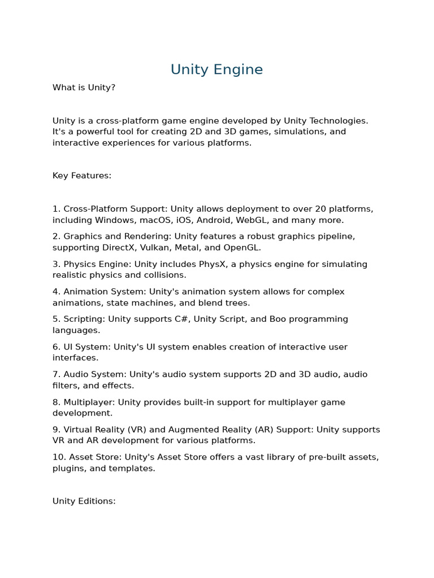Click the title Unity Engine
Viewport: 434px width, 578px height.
tap(216, 69)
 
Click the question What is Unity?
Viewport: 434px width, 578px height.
tap(84, 87)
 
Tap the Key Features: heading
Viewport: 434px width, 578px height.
tap(82, 176)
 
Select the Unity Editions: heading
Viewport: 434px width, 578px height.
tap(84, 501)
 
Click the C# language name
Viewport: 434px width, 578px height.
tap(181, 319)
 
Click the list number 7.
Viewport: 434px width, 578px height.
tap(57, 374)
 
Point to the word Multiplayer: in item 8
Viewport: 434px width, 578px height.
tap(91, 402)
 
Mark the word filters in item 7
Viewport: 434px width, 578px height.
tap(65, 386)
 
